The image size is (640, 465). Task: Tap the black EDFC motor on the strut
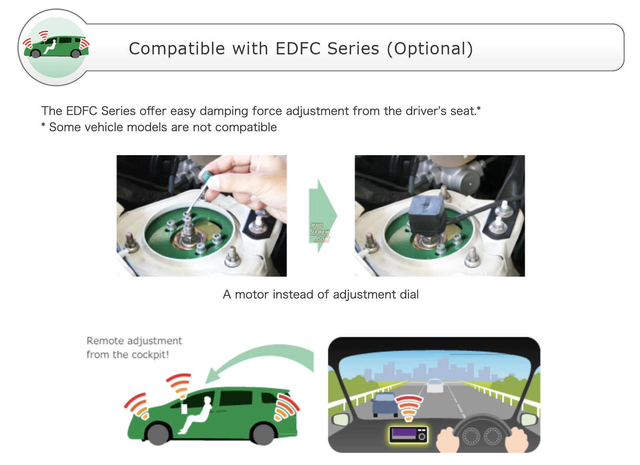click(x=427, y=214)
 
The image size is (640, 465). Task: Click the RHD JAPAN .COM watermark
click(x=320, y=233)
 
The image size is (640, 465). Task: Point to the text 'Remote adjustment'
click(x=134, y=341)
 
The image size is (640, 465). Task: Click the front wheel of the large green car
click(x=158, y=434)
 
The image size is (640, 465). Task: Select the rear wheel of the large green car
click(x=263, y=434)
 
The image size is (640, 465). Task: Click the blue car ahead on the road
click(x=385, y=404)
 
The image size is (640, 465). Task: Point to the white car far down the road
click(x=435, y=385)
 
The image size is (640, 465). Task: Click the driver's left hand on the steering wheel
click(x=448, y=440)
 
